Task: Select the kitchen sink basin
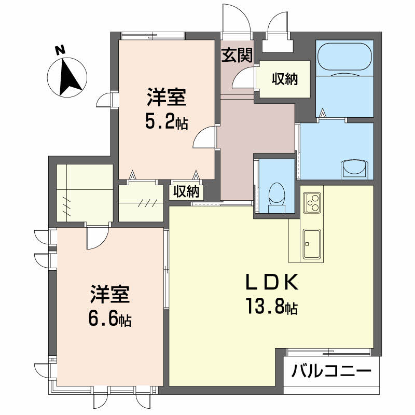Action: [x=312, y=244]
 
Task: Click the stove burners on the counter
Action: [x=312, y=203]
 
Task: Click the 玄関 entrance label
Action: [x=237, y=56]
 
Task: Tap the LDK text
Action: [x=272, y=282]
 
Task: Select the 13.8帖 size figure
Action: [x=272, y=306]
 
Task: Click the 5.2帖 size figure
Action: [x=167, y=122]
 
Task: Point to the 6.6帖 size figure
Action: [x=110, y=320]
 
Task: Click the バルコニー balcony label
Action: [x=331, y=371]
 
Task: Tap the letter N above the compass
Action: [x=60, y=50]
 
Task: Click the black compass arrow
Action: [x=70, y=77]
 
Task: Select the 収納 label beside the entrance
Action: [x=285, y=79]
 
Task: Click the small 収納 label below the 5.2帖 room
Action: [x=186, y=191]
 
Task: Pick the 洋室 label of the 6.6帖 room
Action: [x=110, y=294]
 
